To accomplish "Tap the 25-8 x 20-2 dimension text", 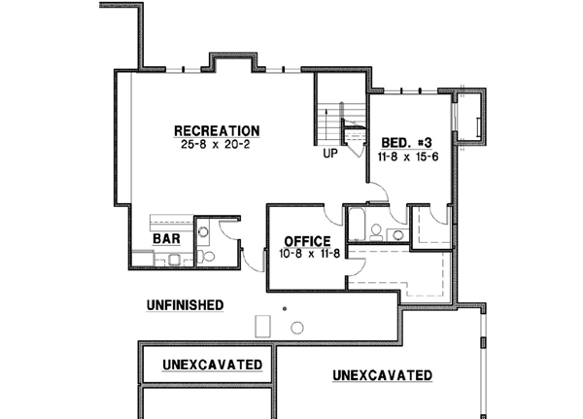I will [x=217, y=144].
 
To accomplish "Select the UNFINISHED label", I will [x=185, y=304].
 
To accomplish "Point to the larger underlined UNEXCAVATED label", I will [x=382, y=375].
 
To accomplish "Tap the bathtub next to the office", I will [x=355, y=227].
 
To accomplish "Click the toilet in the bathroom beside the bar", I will [x=206, y=257].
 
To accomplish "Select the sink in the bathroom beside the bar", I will [x=203, y=231].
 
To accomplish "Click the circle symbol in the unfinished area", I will [x=297, y=328].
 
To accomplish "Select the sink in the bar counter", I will [x=172, y=260].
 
